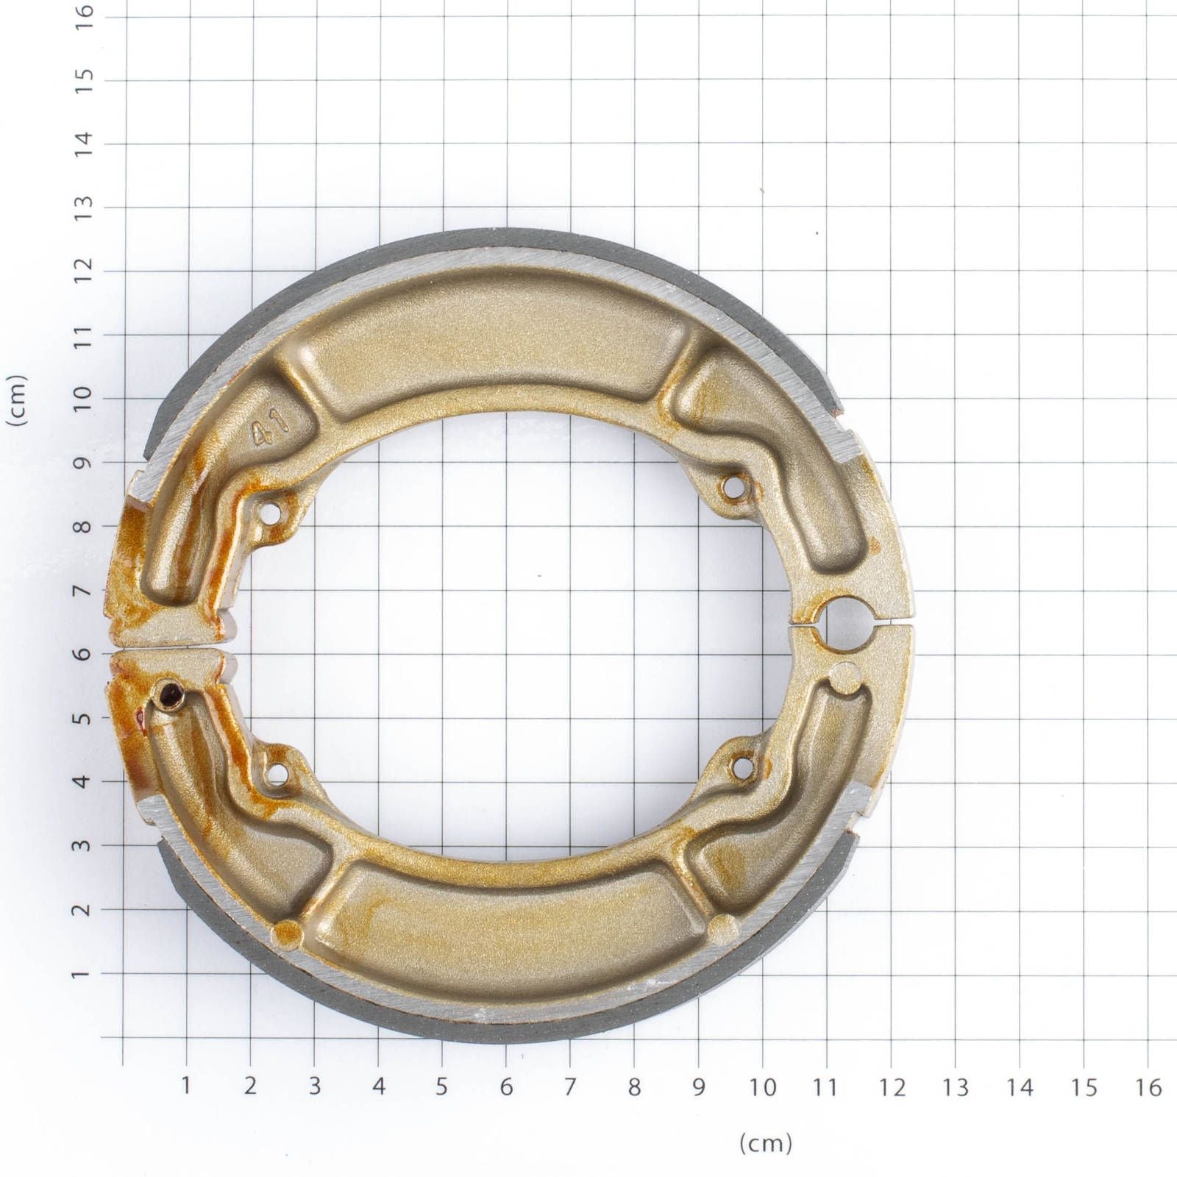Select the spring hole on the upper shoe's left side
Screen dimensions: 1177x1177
click(272, 513)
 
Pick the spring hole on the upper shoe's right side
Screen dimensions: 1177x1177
click(733, 486)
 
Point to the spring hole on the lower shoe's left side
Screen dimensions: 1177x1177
click(277, 773)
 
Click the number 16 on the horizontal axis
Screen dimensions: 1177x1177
click(1148, 1087)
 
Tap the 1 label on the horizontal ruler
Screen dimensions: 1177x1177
click(185, 1086)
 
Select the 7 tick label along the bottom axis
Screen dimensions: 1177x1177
click(570, 1087)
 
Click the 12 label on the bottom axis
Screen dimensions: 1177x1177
click(891, 1087)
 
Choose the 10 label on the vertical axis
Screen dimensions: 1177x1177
click(85, 398)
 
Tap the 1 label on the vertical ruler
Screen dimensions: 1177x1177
click(85, 972)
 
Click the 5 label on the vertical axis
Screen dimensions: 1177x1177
click(85, 717)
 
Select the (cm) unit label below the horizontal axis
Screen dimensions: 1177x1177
click(765, 1143)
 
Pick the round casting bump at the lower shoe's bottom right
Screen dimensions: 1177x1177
click(724, 928)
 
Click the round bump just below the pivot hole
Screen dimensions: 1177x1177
click(847, 678)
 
